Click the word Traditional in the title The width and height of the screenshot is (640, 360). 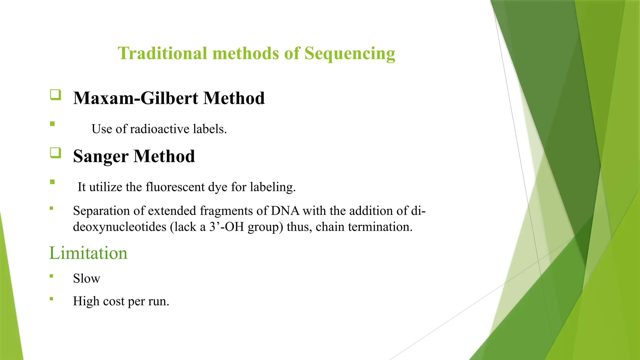coord(162,53)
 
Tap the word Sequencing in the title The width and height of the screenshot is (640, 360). coord(350,54)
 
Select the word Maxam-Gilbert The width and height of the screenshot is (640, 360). coord(136,98)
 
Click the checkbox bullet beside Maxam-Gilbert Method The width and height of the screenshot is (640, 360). coord(56,95)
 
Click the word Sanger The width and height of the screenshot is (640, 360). coord(101,156)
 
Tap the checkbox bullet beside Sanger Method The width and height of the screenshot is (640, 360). coord(56,153)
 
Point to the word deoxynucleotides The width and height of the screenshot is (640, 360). coord(120,227)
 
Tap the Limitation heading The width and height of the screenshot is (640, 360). coord(88,253)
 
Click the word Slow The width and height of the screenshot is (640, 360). coord(87,278)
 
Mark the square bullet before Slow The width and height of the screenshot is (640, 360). coord(52,276)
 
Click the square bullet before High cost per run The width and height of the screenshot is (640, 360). coord(52,299)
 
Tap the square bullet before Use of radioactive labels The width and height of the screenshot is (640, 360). coord(52,124)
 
